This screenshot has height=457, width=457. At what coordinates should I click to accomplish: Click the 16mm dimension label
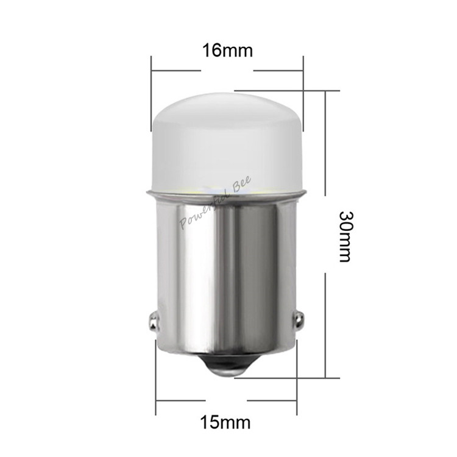(x=228, y=51)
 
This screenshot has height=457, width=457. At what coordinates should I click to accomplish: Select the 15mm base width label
(x=225, y=422)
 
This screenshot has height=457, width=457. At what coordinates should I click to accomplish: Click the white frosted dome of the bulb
(x=228, y=141)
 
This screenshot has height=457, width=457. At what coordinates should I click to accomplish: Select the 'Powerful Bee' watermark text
(x=215, y=204)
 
